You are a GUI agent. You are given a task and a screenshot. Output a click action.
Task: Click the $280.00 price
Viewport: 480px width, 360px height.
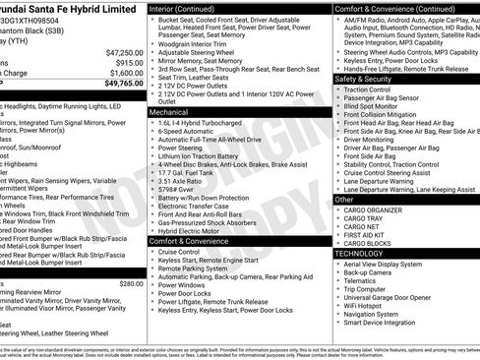tap(131, 283)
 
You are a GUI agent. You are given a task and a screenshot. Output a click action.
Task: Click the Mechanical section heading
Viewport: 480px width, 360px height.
tap(170, 113)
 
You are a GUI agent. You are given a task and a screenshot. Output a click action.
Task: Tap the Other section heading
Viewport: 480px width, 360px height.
tap(343, 200)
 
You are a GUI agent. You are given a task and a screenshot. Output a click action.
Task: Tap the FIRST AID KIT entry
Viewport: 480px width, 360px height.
tap(361, 235)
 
